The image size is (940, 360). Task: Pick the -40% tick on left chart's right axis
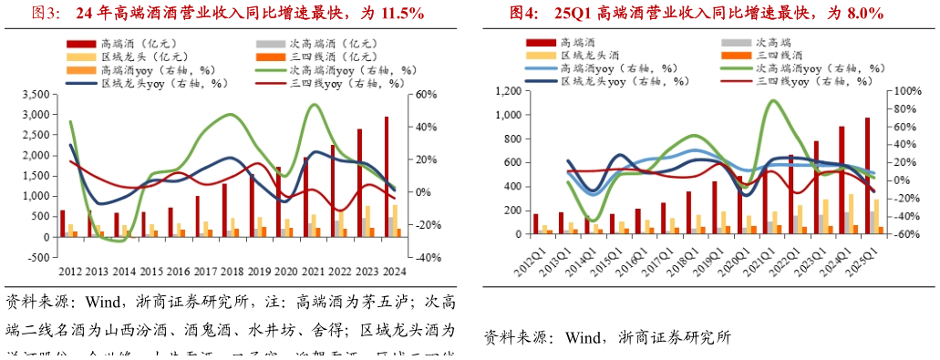coord(425,257)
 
